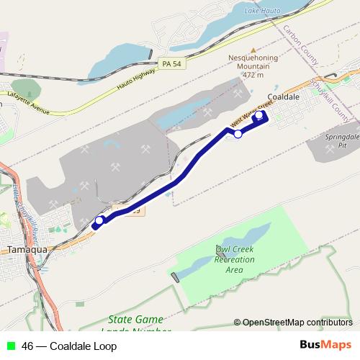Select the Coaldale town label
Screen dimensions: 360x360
tap(283, 96)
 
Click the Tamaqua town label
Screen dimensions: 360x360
tap(27, 249)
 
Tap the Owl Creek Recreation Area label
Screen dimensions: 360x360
tap(235, 259)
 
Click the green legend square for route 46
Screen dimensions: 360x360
tap(10, 346)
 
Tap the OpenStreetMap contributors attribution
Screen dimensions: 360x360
tap(293, 322)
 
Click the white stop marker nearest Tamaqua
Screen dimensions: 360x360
tap(99, 221)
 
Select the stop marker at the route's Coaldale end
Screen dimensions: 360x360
tap(259, 114)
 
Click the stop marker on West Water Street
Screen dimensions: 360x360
tap(238, 133)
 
